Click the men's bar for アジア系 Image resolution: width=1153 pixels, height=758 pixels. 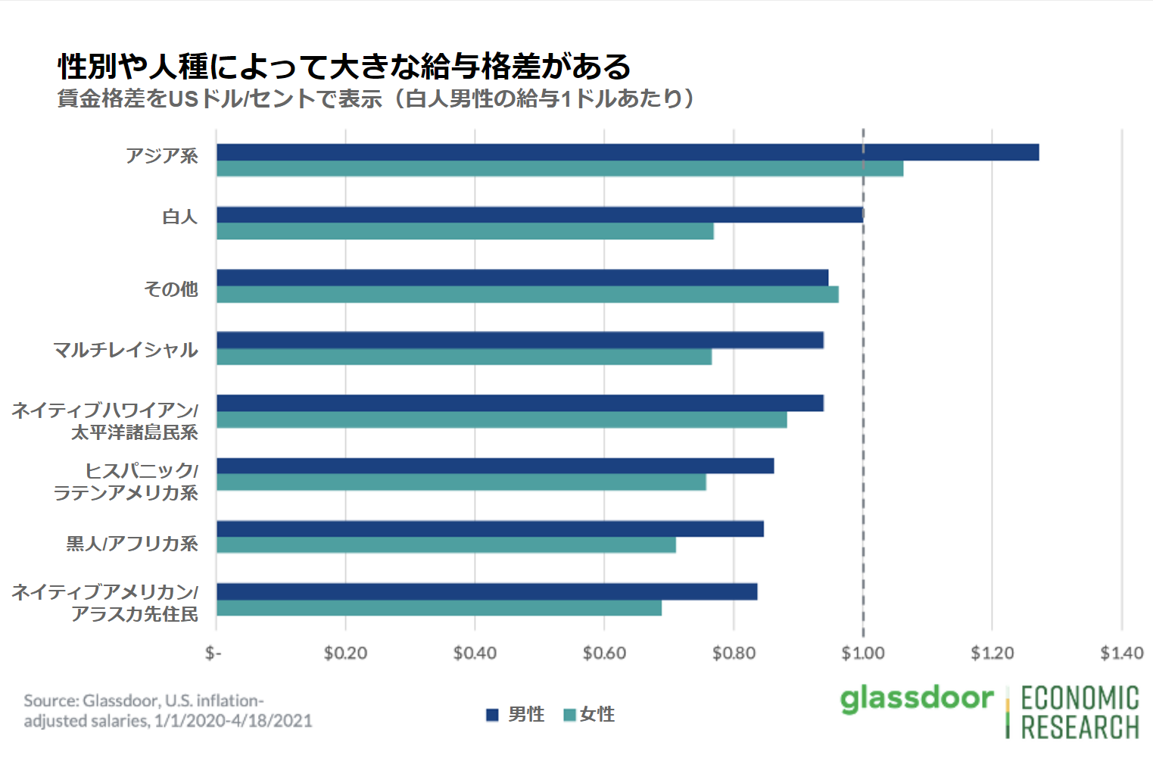628,152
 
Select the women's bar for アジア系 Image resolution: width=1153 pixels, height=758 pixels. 559,169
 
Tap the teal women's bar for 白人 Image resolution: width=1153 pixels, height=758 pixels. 465,231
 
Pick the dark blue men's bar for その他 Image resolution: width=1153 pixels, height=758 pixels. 522,278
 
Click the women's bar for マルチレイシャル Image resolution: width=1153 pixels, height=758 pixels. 464,357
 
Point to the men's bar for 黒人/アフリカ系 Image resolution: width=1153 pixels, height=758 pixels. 490,529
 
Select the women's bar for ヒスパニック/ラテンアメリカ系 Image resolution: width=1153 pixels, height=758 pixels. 461,482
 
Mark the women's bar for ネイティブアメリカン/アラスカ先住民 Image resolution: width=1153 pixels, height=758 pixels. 439,608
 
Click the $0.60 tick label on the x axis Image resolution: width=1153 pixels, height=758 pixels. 604,653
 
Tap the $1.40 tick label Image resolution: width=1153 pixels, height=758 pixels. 1121,653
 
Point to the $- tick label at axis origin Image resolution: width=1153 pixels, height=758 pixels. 213,653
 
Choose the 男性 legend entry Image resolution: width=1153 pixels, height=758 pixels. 516,714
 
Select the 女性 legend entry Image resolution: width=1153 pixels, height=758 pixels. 590,714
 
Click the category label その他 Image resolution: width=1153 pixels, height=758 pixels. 171,289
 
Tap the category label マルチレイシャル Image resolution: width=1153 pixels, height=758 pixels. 126,350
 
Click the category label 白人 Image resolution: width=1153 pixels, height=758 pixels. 180,217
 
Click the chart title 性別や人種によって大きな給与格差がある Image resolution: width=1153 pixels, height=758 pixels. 344,67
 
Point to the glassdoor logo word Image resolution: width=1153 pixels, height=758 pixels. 917,698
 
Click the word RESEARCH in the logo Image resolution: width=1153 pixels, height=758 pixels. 1080,727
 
